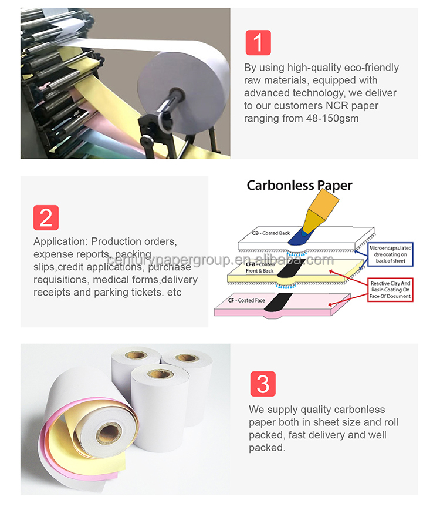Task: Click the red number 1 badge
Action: (x=258, y=43)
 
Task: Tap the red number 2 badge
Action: (x=46, y=217)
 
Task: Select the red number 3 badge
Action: (x=263, y=384)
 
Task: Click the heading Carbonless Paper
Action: (x=299, y=185)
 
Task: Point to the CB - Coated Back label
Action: (x=271, y=233)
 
